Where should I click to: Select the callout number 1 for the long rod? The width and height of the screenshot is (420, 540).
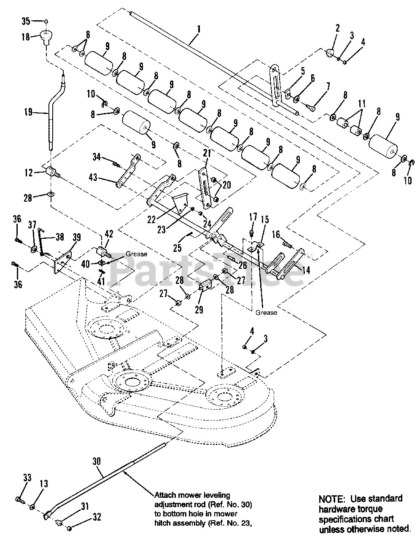[199, 30]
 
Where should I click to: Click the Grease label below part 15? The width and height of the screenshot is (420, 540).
[266, 313]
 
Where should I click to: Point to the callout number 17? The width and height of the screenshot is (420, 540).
[253, 217]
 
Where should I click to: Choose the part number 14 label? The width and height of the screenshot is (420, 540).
[306, 270]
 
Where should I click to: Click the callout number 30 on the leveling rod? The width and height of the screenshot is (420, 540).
[97, 461]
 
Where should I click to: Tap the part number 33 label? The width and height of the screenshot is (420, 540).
[27, 478]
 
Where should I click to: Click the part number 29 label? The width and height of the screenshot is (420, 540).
[199, 310]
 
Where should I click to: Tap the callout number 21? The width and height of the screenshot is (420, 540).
[207, 153]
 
